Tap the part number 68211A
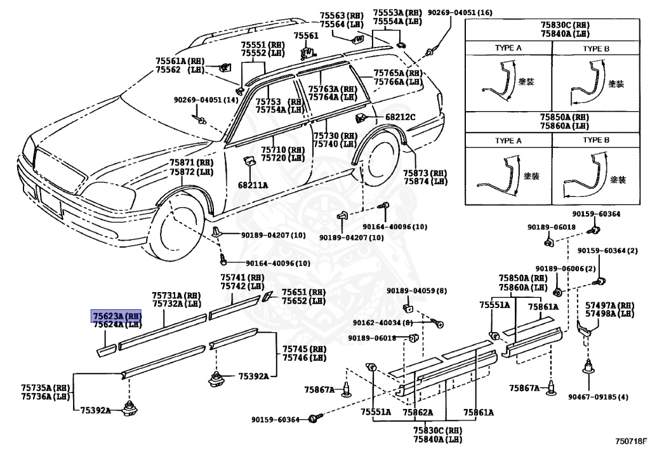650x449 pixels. [253, 185]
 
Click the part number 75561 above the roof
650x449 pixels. [307, 36]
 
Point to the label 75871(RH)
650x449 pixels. [191, 163]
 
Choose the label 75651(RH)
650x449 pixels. [303, 292]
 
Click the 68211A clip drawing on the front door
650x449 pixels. [249, 163]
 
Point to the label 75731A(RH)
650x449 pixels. [176, 295]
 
